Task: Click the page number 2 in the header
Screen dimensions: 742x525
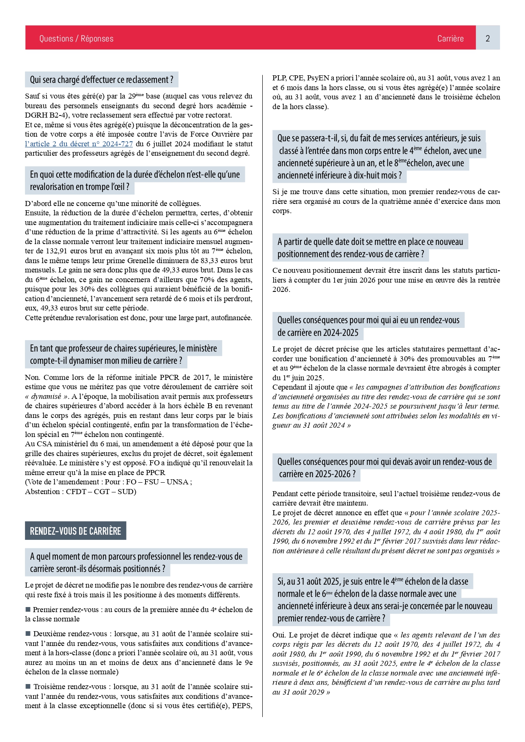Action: [x=487, y=38]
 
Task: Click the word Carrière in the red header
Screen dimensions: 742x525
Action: [x=450, y=38]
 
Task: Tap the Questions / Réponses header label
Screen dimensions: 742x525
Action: [x=76, y=38]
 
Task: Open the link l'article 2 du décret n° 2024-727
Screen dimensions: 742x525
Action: [x=79, y=144]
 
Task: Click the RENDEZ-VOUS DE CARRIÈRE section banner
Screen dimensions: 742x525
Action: [x=75, y=531]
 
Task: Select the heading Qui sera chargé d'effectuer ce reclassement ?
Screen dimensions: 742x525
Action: [x=102, y=80]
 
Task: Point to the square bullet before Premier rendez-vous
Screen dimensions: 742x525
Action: [x=28, y=610]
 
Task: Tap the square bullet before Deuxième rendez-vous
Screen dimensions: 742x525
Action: [x=28, y=634]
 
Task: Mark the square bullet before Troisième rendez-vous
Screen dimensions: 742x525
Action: [x=28, y=687]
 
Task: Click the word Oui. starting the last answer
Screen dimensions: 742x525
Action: [x=279, y=635]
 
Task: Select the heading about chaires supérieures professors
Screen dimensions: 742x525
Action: [x=123, y=355]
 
